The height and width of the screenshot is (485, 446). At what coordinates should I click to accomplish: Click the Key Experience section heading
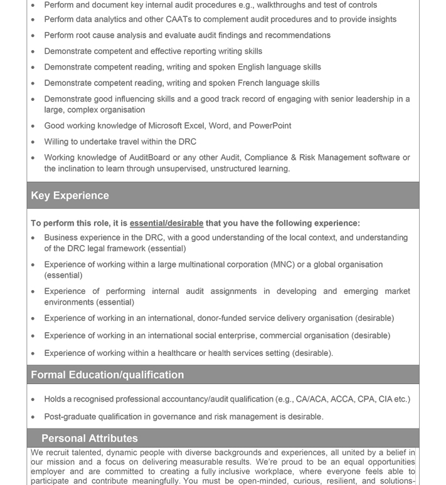(70, 196)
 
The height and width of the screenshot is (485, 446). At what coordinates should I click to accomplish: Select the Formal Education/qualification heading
(107, 375)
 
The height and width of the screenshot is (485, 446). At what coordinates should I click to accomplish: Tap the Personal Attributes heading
(89, 438)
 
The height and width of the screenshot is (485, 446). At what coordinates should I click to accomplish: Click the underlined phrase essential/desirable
(166, 223)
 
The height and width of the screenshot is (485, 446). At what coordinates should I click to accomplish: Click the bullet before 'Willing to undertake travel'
(33, 142)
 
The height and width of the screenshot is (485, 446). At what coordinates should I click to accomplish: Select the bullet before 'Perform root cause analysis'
(33, 36)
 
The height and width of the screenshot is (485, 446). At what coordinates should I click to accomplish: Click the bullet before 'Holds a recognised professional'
(33, 399)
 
